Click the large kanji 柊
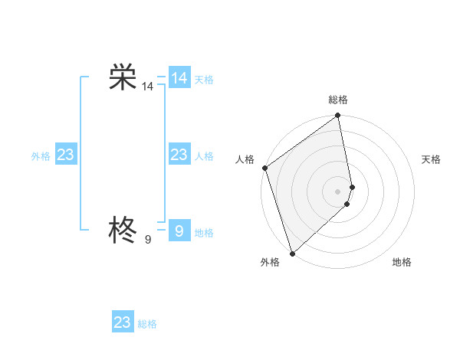(123, 229)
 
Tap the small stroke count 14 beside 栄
(147, 87)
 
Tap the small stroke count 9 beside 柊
(147, 240)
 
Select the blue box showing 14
(179, 78)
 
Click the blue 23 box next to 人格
(179, 155)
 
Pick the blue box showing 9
(179, 230)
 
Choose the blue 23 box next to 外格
(65, 155)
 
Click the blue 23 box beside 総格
(123, 322)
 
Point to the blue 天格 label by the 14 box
(204, 80)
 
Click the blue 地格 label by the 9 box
(204, 233)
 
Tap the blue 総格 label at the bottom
(147, 324)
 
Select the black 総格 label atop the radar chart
(338, 100)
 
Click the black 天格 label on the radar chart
(431, 159)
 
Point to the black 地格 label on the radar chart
(402, 263)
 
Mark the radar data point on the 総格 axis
(338, 116)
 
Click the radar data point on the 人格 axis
(264, 168)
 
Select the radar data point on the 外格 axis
(292, 253)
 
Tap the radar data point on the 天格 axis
(352, 187)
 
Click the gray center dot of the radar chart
(338, 191)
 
